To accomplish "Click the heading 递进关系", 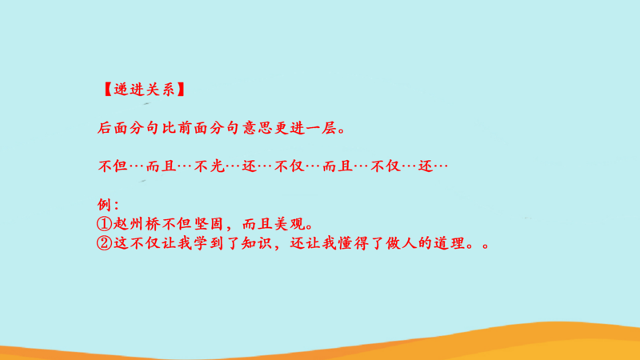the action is pyautogui.click(x=145, y=90).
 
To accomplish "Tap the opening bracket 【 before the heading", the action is pyautogui.click(x=107, y=90).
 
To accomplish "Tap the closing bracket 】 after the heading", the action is pyautogui.click(x=181, y=90).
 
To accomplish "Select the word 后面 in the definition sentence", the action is pyautogui.click(x=113, y=128).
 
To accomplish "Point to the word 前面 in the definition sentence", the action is pyautogui.click(x=193, y=128).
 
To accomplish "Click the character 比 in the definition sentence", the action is pyautogui.click(x=169, y=128).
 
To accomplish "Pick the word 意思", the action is pyautogui.click(x=257, y=128).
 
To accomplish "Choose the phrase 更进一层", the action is pyautogui.click(x=306, y=128).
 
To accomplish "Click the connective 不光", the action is pyautogui.click(x=210, y=166).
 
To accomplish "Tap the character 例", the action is pyautogui.click(x=104, y=205).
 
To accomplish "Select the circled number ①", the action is pyautogui.click(x=104, y=224).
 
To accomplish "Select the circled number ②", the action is pyautogui.click(x=104, y=243).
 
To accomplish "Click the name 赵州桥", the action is pyautogui.click(x=137, y=224).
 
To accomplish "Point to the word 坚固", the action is pyautogui.click(x=209, y=224).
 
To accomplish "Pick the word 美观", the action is pyautogui.click(x=290, y=224).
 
